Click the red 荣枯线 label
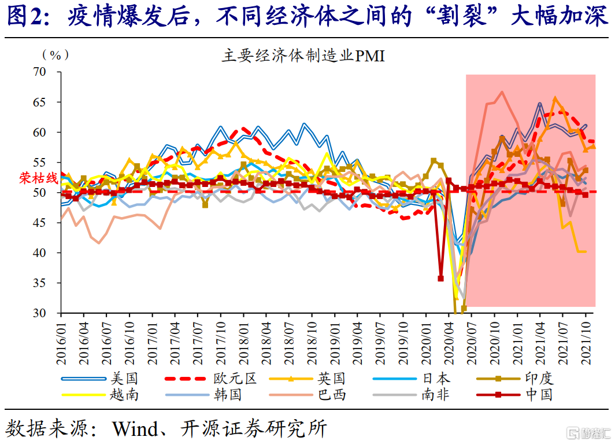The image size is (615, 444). click(39, 178)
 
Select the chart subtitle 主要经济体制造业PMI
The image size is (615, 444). click(303, 57)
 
